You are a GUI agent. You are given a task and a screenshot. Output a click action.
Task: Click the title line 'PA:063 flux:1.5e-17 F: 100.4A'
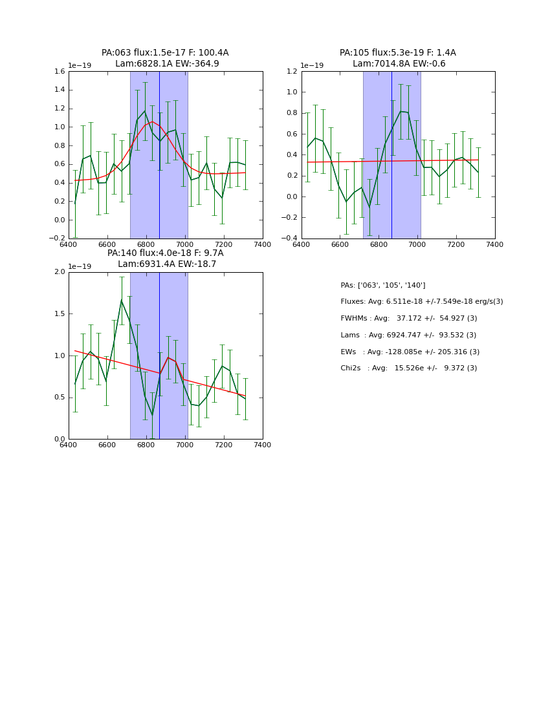[x=165, y=53]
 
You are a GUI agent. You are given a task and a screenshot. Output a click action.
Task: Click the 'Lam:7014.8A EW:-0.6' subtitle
[x=399, y=64]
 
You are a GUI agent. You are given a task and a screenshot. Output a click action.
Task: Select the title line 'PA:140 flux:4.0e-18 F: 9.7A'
[x=165, y=253]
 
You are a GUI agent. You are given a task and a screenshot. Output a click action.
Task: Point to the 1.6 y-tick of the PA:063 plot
[x=59, y=72]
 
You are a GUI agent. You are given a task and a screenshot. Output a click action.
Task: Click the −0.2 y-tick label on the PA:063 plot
[x=57, y=239]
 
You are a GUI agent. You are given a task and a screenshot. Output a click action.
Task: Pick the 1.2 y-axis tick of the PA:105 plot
[x=292, y=72]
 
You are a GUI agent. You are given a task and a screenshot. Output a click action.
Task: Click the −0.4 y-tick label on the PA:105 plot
[x=290, y=239]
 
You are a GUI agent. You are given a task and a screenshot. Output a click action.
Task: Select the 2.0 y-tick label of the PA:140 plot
[x=59, y=272]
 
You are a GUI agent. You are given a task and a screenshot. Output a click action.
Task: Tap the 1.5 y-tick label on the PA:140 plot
[x=59, y=314]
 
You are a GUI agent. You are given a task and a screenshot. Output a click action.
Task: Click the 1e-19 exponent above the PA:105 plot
[x=312, y=65]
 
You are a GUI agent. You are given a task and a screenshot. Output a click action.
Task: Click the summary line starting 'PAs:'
[x=383, y=286]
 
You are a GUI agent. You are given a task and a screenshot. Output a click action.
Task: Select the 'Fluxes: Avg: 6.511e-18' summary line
[x=421, y=302]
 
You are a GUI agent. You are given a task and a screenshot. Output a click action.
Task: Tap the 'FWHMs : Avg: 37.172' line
[x=408, y=319]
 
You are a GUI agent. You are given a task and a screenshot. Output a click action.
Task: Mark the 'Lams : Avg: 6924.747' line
[x=408, y=335]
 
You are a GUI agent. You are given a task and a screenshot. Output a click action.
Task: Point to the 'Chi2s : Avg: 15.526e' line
[x=408, y=368]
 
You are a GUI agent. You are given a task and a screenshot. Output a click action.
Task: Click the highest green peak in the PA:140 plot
[x=121, y=300]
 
